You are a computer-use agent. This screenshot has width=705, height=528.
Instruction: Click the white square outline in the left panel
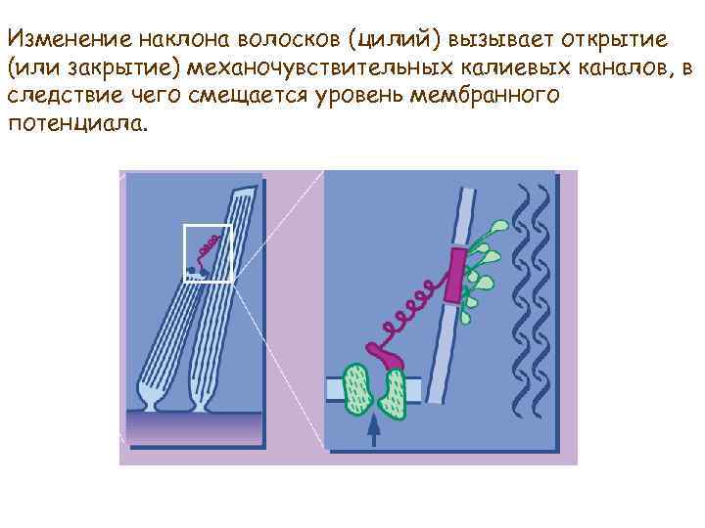[x=208, y=253]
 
